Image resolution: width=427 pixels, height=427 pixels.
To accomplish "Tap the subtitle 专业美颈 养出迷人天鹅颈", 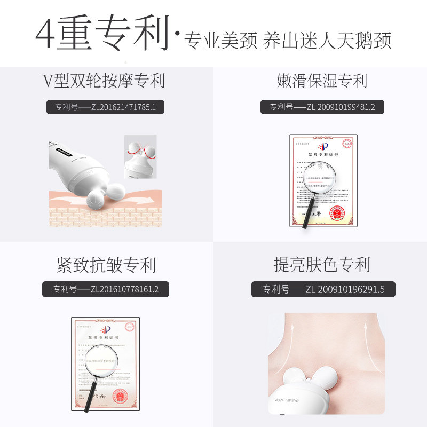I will pyautogui.click(x=288, y=41).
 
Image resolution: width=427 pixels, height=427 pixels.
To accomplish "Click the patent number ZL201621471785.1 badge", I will pyautogui.click(x=105, y=107).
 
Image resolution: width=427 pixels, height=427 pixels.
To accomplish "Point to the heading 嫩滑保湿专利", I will pyautogui.click(x=322, y=81).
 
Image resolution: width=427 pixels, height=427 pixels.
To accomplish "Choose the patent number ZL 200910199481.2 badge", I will pyautogui.click(x=322, y=107).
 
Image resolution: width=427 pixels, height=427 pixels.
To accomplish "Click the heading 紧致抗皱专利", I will pyautogui.click(x=106, y=265).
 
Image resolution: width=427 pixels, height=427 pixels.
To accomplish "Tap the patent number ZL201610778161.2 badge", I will pyautogui.click(x=106, y=289).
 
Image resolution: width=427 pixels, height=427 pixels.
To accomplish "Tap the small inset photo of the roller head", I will pyautogui.click(x=140, y=156).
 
